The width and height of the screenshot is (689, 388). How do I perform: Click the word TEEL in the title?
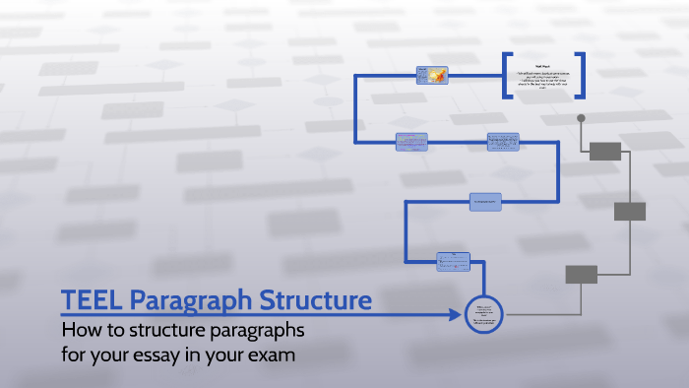pos(92,299)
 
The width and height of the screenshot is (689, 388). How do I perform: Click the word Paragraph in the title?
pos(196,299)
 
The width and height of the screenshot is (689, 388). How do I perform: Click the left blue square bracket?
pos(508,76)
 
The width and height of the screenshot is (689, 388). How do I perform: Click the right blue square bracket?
pos(581,76)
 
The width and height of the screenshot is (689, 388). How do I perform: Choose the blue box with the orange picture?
pos(433,75)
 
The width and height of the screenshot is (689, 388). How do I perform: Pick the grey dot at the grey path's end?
pos(581,118)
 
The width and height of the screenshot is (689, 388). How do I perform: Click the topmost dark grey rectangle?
pos(605,151)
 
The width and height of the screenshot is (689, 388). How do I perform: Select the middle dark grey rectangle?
pos(630,211)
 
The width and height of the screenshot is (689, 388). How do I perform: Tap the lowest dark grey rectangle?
pos(582,274)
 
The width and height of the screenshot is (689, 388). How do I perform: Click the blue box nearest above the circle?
pos(455,261)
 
